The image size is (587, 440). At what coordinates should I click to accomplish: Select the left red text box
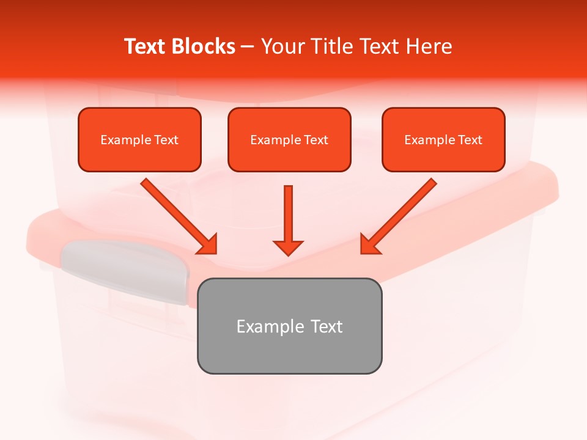[x=139, y=139]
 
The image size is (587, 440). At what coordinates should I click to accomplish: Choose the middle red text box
[x=289, y=139]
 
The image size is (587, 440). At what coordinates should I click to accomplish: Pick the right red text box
[x=443, y=139]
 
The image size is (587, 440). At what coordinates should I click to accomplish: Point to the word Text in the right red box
[x=470, y=140]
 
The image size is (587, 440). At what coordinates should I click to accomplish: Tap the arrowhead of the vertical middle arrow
[x=288, y=248]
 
